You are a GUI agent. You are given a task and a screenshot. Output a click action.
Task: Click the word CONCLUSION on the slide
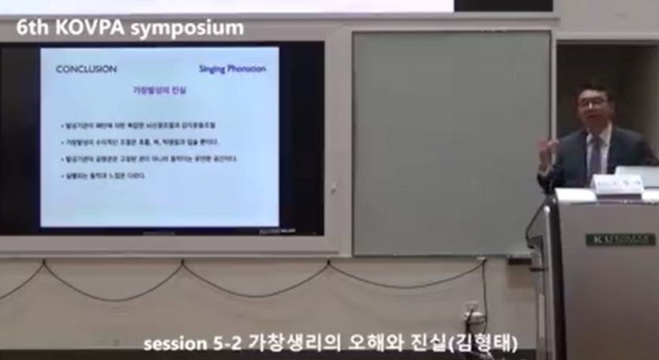point(86,69)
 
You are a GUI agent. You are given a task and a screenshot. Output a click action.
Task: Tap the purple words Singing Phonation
point(232,69)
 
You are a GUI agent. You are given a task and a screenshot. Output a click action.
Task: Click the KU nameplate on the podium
point(620,238)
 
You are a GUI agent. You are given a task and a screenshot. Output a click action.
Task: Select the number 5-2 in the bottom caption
point(227,343)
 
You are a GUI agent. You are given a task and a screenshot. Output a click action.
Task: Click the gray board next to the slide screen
point(451,142)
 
